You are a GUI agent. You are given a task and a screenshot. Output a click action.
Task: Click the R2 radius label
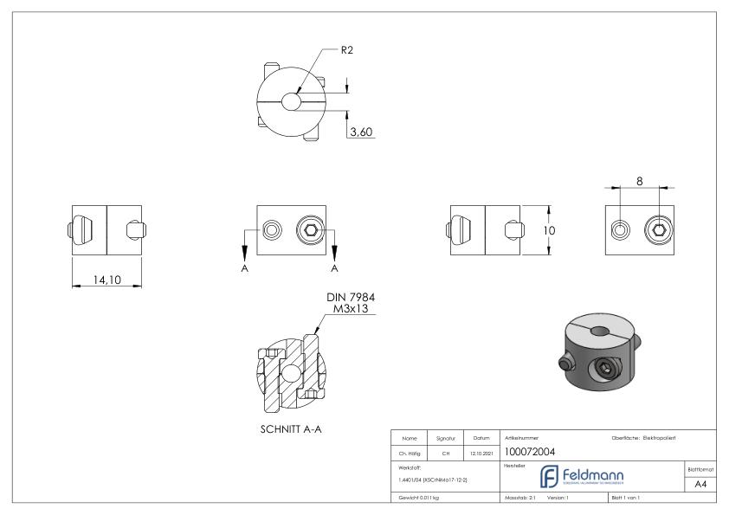(345, 50)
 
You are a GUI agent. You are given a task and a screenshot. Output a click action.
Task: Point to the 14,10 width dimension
(106, 280)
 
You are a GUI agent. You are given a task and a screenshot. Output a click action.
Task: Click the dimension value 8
(640, 181)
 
